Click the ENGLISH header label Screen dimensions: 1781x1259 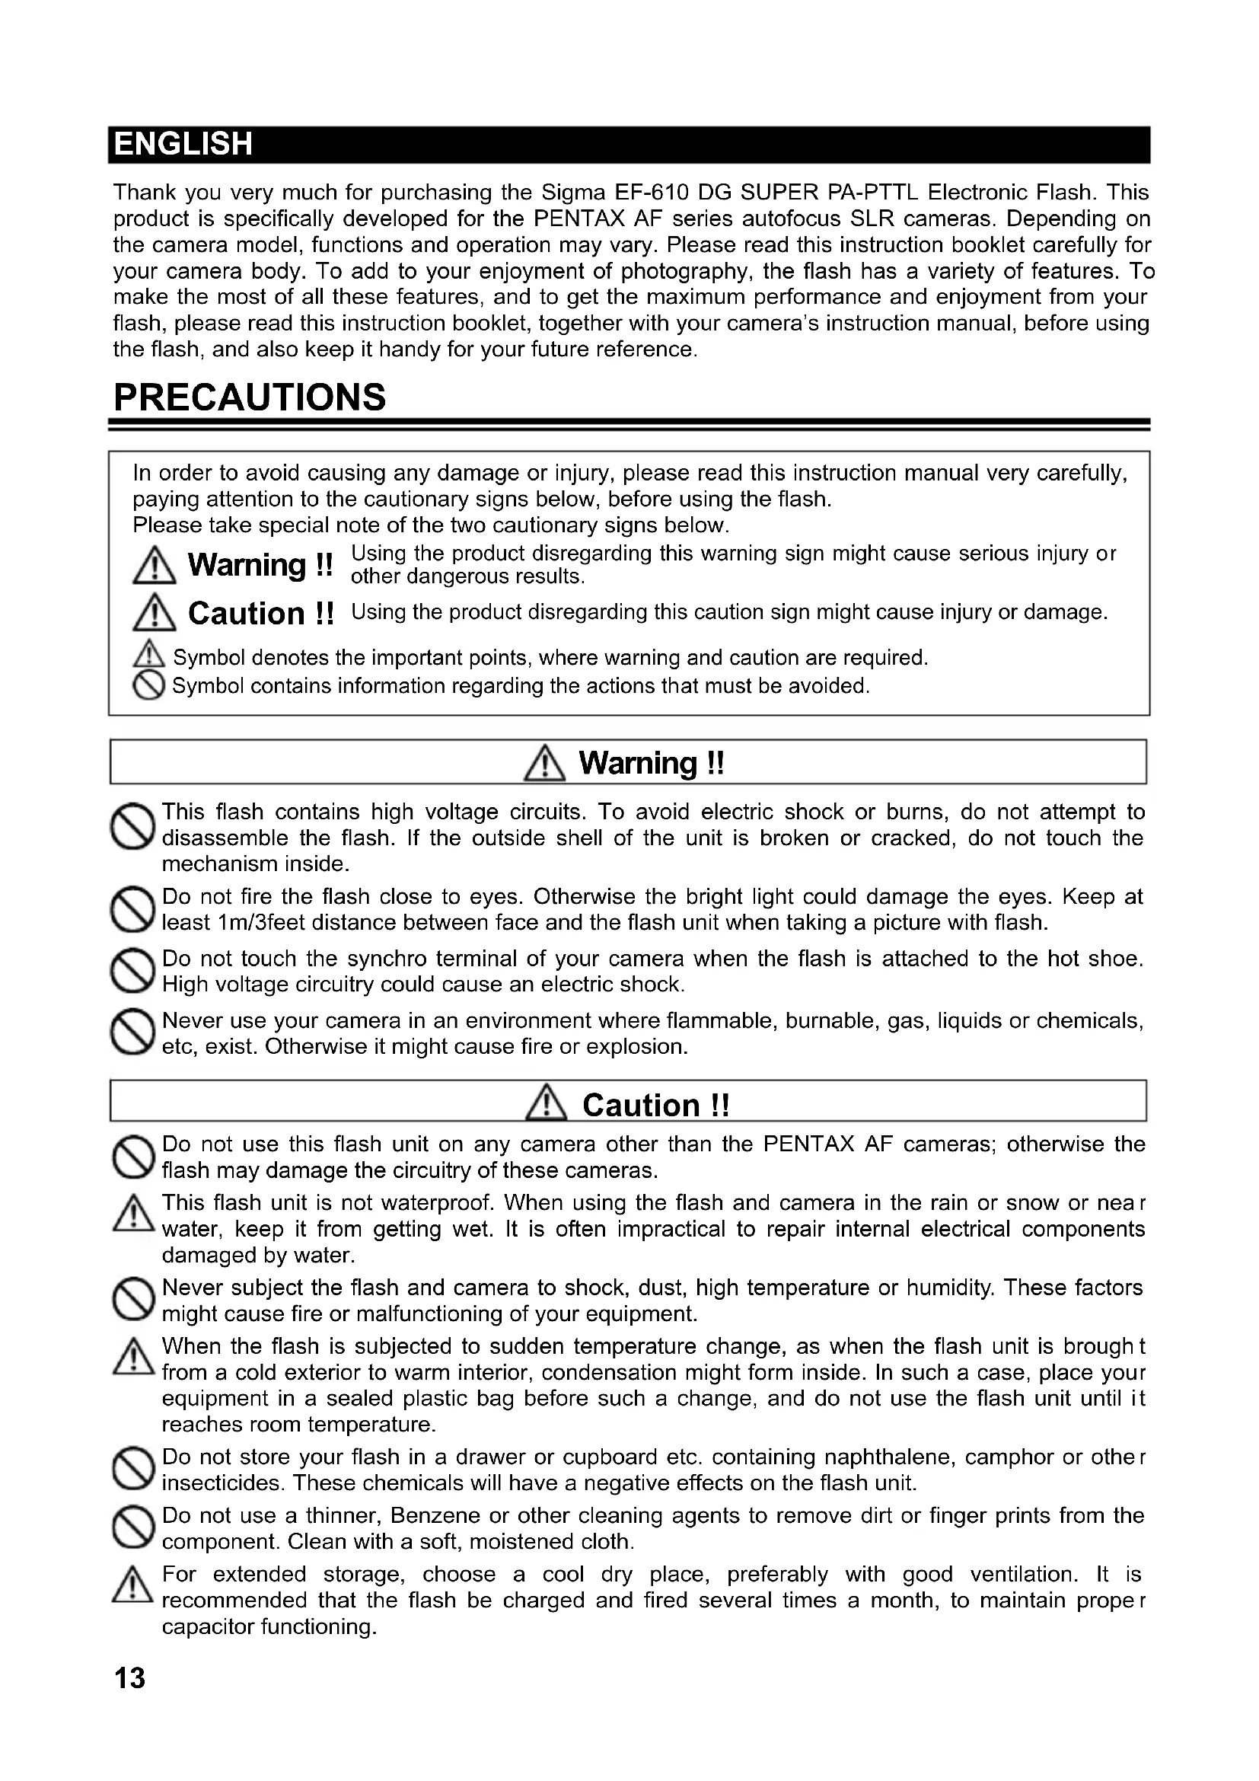183,144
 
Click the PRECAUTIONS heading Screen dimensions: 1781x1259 249,397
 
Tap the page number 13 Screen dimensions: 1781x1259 129,1678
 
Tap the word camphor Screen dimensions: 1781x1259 1009,1457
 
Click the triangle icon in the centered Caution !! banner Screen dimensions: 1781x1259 547,1104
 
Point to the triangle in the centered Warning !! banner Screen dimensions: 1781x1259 544,762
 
